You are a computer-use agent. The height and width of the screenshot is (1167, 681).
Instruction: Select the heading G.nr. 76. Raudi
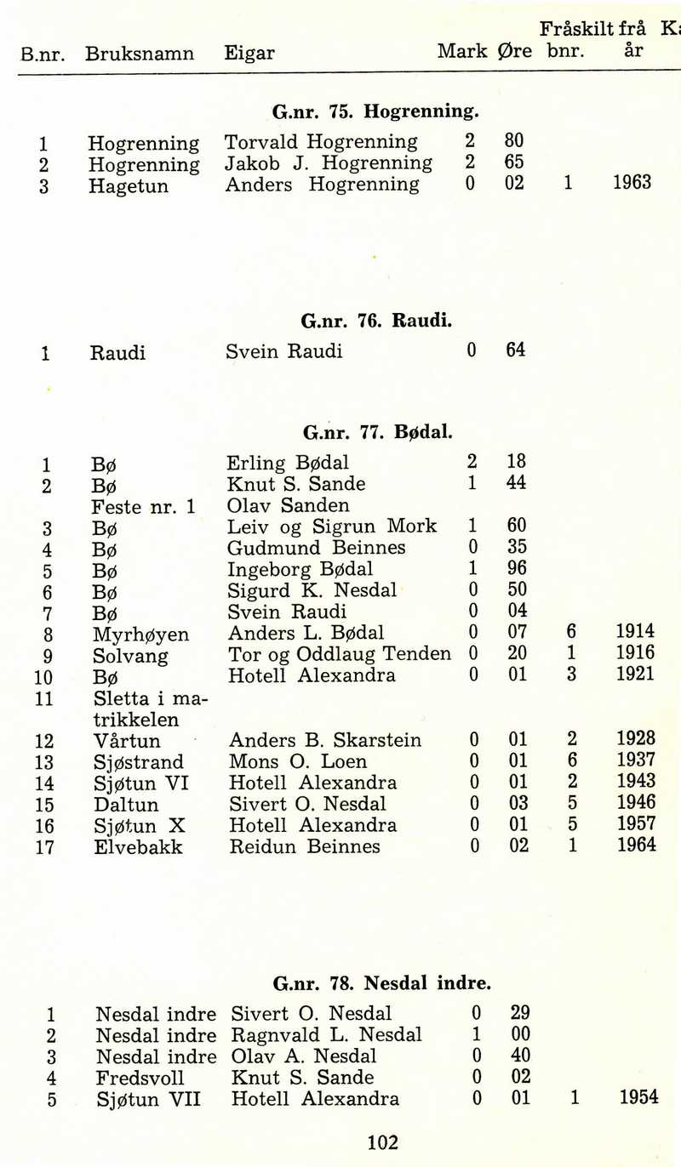click(376, 322)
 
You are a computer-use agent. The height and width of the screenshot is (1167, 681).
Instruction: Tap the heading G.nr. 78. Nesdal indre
click(382, 984)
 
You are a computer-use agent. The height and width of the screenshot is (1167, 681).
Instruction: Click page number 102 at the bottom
click(382, 1142)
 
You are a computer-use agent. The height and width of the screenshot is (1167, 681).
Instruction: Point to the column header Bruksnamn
click(140, 54)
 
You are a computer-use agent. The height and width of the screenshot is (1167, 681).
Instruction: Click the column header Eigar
click(249, 54)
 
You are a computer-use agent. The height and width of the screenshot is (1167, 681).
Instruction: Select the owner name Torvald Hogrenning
click(321, 141)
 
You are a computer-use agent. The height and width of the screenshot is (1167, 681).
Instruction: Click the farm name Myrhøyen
click(140, 635)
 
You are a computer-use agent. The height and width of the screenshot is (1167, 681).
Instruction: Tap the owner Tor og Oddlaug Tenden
click(340, 654)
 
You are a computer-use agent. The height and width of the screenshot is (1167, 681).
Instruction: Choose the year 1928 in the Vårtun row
click(636, 739)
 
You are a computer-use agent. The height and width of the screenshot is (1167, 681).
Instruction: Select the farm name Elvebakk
click(138, 847)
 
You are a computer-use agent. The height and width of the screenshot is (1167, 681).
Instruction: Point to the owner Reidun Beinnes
click(305, 846)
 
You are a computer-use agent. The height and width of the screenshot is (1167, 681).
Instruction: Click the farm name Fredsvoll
click(140, 1078)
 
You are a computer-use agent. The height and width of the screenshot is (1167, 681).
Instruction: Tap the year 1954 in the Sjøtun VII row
click(638, 1097)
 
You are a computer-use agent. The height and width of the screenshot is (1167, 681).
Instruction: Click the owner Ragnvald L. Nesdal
click(326, 1035)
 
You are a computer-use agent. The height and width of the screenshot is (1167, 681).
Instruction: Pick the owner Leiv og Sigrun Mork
click(332, 527)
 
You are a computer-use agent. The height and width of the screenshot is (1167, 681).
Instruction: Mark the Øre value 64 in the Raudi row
click(515, 350)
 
